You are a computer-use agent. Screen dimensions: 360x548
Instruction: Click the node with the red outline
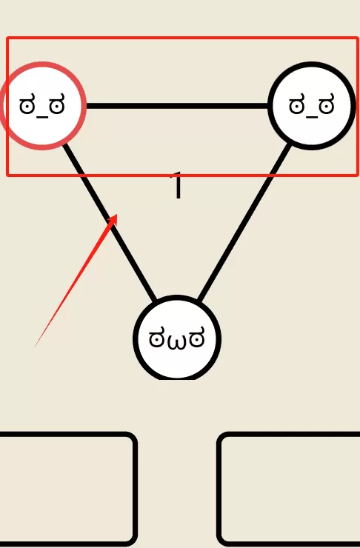coord(42,106)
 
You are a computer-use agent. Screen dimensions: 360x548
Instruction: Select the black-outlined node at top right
coord(312,106)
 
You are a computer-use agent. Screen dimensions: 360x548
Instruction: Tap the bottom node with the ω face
coord(177,338)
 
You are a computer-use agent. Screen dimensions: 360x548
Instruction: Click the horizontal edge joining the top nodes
coord(177,106)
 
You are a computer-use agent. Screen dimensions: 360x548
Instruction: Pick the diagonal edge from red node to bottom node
coord(110,223)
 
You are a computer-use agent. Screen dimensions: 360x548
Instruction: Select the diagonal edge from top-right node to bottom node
coord(244,223)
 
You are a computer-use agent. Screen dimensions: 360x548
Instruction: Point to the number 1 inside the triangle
coord(177,185)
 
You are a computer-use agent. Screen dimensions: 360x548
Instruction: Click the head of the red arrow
coord(113,221)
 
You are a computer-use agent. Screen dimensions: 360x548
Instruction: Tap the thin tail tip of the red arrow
coord(34,347)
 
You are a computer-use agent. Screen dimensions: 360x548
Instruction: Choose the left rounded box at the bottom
coord(67,489)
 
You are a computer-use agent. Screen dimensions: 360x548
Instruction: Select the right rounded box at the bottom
coord(289,489)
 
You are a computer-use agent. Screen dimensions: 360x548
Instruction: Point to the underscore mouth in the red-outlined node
coord(42,117)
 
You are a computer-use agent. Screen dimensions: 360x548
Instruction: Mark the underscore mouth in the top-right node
coord(312,117)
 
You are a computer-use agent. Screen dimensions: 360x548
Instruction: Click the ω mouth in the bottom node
coord(176,342)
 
